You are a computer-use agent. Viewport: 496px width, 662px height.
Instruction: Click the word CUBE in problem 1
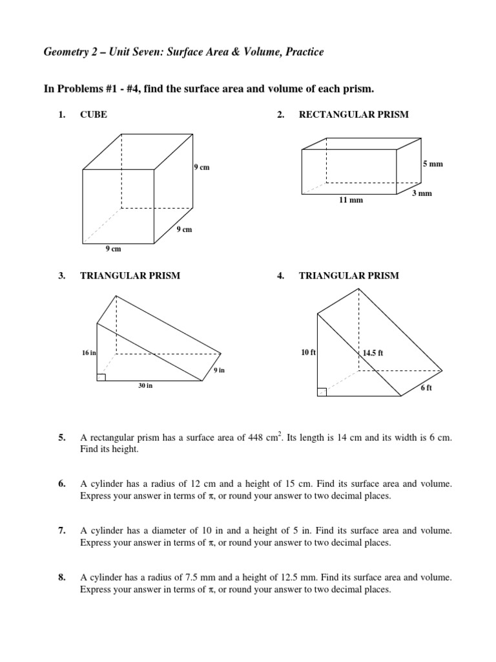(x=94, y=114)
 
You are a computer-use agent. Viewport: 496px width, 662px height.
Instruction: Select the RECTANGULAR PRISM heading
(x=353, y=114)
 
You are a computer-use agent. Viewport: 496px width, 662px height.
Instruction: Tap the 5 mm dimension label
(x=433, y=165)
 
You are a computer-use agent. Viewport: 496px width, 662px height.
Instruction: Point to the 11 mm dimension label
(x=351, y=200)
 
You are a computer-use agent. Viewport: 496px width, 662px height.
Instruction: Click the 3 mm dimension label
(x=422, y=193)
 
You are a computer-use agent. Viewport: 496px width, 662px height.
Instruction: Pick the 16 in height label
(x=88, y=353)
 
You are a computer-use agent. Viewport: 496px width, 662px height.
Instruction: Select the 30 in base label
(x=145, y=386)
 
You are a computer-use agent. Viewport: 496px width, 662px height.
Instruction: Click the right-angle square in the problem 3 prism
(x=101, y=377)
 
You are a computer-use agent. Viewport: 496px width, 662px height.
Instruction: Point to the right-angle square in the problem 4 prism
(x=322, y=392)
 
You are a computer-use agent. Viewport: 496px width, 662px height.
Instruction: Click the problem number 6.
(x=61, y=484)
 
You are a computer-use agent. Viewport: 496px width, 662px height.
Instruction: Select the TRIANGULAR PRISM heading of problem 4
(x=349, y=275)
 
